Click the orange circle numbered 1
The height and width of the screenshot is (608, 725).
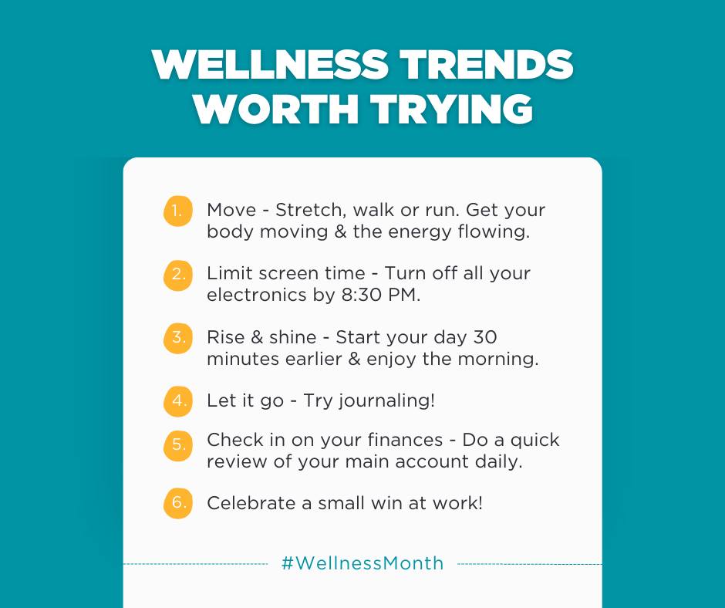click(177, 211)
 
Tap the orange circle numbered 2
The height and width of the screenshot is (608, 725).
click(177, 275)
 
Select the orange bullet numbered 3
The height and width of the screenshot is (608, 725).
click(177, 338)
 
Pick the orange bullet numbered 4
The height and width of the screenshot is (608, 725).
click(177, 401)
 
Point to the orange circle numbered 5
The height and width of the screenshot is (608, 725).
click(177, 445)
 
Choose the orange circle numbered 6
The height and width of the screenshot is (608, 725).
click(177, 503)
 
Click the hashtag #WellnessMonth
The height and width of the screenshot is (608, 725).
click(362, 563)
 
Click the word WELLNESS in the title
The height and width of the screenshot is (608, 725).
click(270, 64)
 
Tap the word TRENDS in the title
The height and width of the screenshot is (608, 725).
click(487, 64)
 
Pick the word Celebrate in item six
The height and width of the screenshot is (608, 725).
click(251, 503)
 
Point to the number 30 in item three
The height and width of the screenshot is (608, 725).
click(485, 337)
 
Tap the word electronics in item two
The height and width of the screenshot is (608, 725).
click(257, 295)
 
